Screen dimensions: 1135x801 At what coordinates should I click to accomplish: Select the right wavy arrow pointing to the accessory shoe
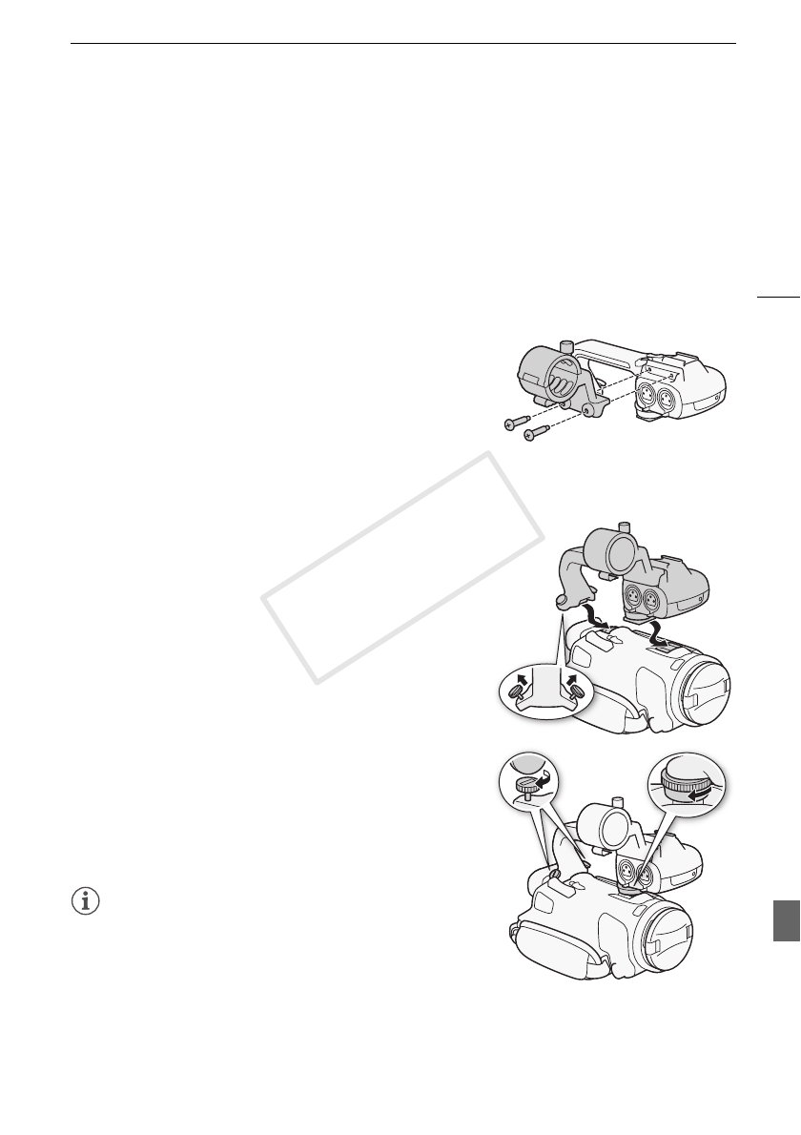coord(657,632)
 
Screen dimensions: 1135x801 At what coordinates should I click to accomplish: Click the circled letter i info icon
coord(86,901)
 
